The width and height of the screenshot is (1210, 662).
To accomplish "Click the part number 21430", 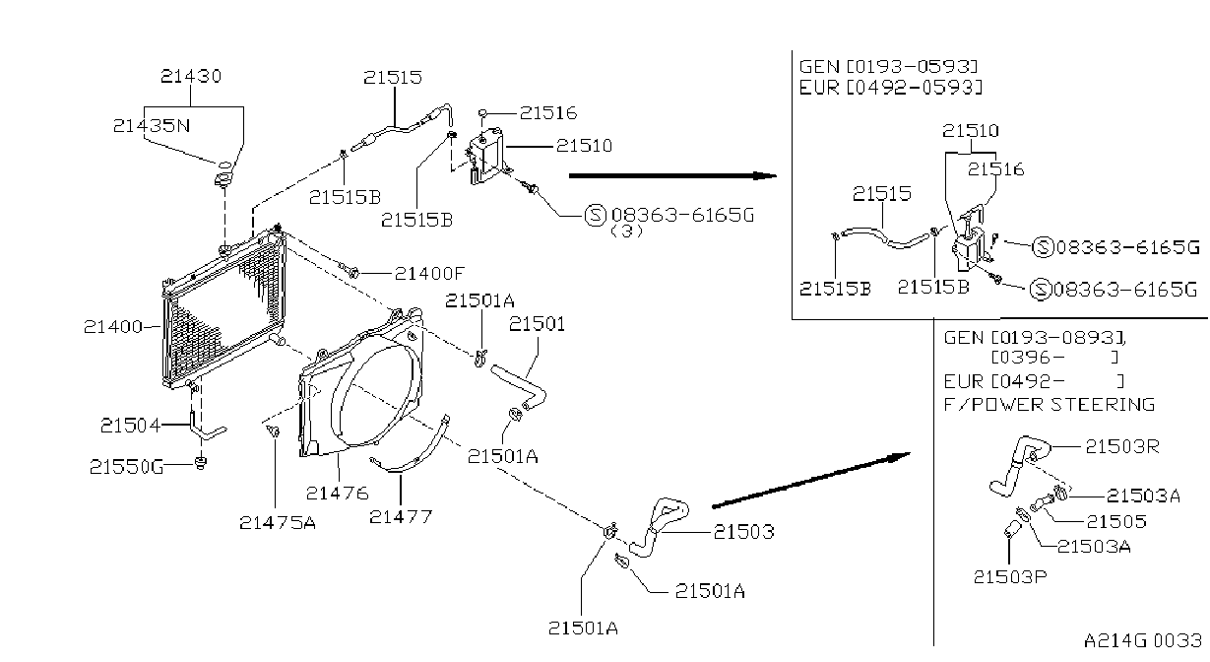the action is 191,76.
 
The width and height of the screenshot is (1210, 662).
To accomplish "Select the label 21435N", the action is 152,126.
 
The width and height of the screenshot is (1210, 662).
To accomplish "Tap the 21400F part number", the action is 429,274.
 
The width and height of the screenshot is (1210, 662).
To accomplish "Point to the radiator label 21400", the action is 113,326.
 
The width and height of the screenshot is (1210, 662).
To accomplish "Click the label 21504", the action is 130,426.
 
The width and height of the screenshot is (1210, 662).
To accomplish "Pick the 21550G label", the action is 126,466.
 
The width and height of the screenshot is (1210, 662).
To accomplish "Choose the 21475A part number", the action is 278,522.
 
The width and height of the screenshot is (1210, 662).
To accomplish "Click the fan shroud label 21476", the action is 338,493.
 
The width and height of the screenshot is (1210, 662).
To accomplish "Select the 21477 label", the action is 401,517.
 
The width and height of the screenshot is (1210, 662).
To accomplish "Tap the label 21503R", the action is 1122,446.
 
